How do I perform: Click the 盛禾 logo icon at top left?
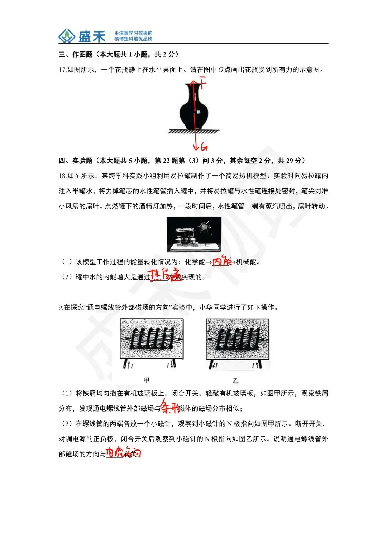coord(67,36)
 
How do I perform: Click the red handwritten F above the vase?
coord(203,83)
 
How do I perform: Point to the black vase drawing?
coord(193,108)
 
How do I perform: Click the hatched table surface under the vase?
coord(194,131)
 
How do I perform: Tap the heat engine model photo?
coord(194,235)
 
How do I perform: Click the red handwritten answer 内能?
coord(222,261)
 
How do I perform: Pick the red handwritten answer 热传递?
coord(164,275)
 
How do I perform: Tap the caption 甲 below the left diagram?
coord(147,380)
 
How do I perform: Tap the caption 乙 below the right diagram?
coord(235,380)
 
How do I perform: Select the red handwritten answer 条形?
coord(169,407)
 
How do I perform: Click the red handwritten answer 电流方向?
coord(123,453)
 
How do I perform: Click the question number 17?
coord(62,70)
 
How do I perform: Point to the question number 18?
coord(62,176)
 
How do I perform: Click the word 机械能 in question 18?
coord(247,262)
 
